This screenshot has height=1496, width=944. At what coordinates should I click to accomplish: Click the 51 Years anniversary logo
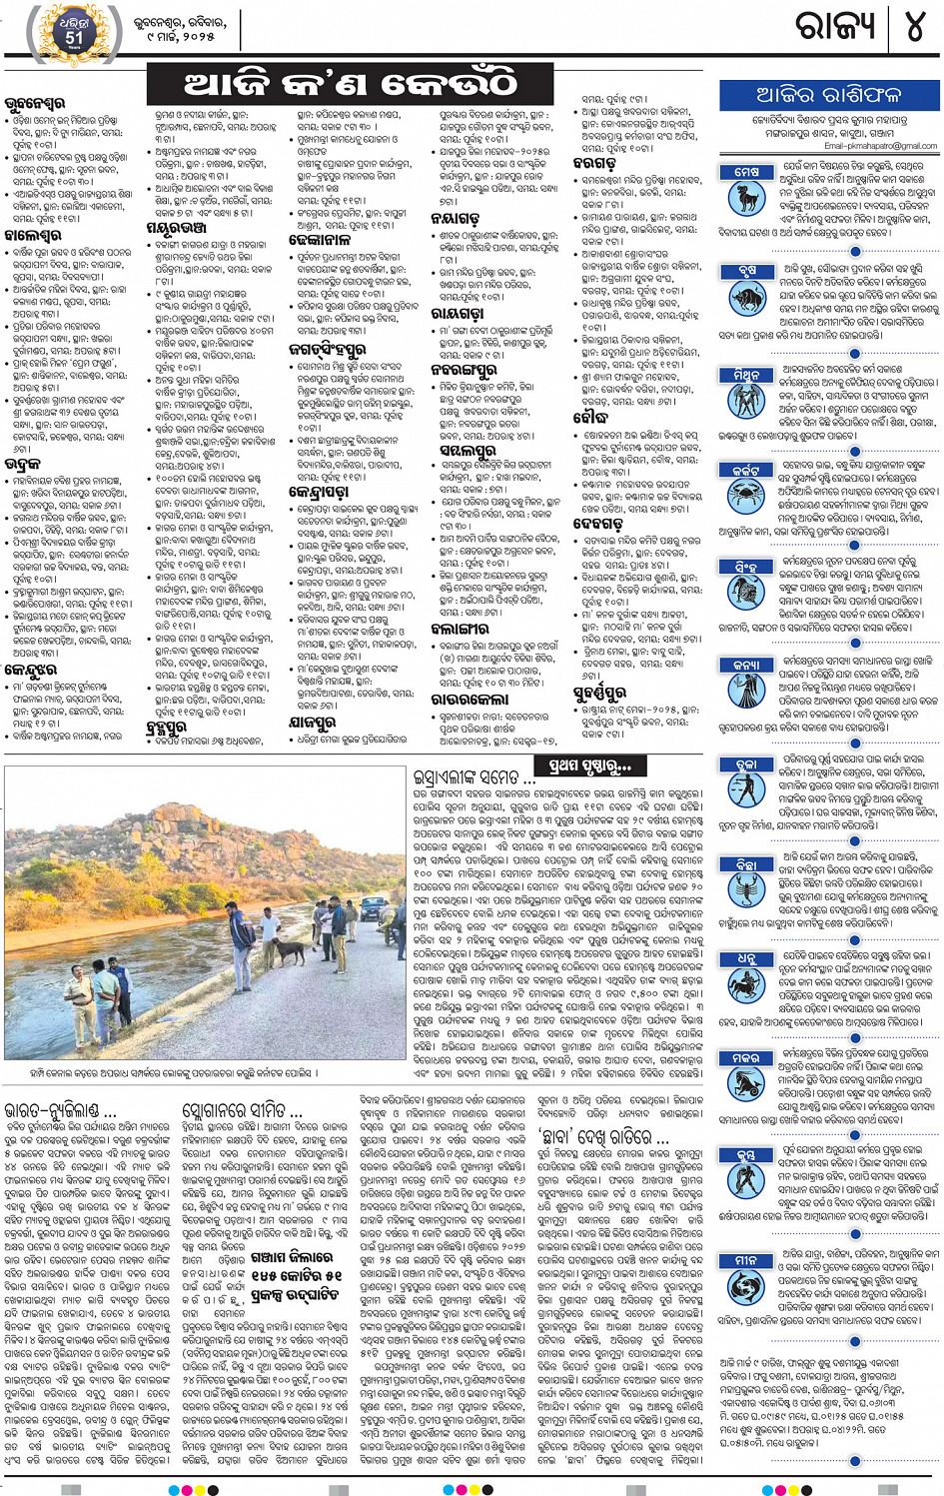[x=73, y=33]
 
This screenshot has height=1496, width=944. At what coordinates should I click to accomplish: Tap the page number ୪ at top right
[x=913, y=27]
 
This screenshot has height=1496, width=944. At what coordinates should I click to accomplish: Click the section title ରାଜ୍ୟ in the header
[x=834, y=27]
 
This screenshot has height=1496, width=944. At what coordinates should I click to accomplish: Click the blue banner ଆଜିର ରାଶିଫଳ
[x=828, y=95]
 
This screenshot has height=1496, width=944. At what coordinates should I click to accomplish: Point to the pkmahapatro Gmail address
[x=880, y=146]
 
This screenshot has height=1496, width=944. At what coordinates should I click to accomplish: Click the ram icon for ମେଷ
[x=746, y=196]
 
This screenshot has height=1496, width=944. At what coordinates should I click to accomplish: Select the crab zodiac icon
[x=746, y=494]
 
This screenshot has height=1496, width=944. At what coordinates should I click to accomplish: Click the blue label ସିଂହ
[x=745, y=567]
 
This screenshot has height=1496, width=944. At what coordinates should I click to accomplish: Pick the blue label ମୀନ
[x=746, y=1261]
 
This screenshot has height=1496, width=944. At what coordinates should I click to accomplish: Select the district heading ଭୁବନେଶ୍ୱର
[x=35, y=103]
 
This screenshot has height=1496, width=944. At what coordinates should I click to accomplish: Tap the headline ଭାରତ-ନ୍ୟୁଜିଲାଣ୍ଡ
[x=60, y=1110]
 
